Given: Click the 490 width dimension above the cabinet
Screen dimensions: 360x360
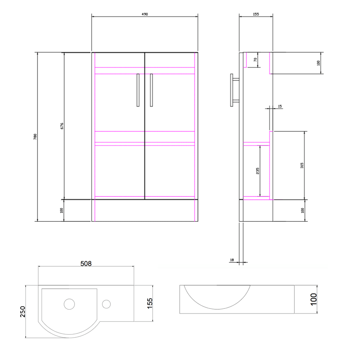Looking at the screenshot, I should pyautogui.click(x=145, y=14).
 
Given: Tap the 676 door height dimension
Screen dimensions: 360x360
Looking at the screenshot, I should pyautogui.click(x=62, y=126).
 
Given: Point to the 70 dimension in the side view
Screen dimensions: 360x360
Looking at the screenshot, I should pyautogui.click(x=255, y=60).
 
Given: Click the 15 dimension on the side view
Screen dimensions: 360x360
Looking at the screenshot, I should pyautogui.click(x=280, y=106).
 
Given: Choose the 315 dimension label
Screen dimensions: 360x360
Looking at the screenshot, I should pyautogui.click(x=302, y=165).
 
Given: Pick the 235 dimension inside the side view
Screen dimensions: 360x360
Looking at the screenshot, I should pyautogui.click(x=257, y=171).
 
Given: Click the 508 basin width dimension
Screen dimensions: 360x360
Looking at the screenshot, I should pyautogui.click(x=86, y=264).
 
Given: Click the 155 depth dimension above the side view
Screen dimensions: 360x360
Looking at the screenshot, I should pyautogui.click(x=256, y=14).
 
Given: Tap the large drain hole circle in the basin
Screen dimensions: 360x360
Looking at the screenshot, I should pyautogui.click(x=69, y=304).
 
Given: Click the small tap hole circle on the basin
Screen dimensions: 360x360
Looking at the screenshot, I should pyautogui.click(x=106, y=304).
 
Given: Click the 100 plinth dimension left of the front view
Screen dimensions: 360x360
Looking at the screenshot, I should pyautogui.click(x=62, y=210).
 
